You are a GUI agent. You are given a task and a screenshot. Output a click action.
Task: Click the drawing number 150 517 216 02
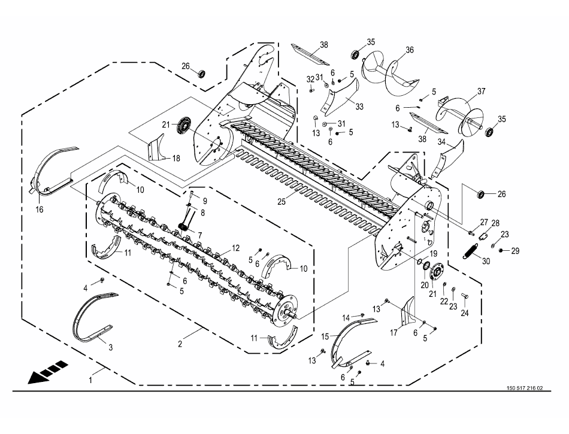tap(525, 388)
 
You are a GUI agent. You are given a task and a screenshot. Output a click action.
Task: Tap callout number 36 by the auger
tap(409, 50)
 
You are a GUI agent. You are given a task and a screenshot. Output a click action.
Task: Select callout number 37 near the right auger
tap(481, 91)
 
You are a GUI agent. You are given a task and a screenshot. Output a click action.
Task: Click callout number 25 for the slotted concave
tap(282, 202)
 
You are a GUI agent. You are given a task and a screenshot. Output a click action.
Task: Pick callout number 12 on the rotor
tap(235, 248)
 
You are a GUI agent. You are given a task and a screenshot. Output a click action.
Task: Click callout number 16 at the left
tap(39, 210)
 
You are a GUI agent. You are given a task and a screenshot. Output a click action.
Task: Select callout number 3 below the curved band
tap(111, 347)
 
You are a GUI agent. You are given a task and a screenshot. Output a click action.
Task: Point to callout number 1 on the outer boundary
tap(90, 380)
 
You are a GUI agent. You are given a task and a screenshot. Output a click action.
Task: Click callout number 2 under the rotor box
tap(180, 344)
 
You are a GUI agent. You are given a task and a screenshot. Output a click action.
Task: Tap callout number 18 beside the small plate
tap(176, 159)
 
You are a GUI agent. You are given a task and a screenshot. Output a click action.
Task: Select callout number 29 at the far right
tap(515, 251)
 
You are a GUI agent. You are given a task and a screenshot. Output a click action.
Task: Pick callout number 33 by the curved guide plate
tap(359, 107)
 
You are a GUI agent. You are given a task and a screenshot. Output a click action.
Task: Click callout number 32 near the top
tap(310, 80)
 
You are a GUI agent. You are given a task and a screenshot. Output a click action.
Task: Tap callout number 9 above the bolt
tap(205, 201)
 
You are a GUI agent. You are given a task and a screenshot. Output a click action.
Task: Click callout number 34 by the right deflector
tap(441, 142)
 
